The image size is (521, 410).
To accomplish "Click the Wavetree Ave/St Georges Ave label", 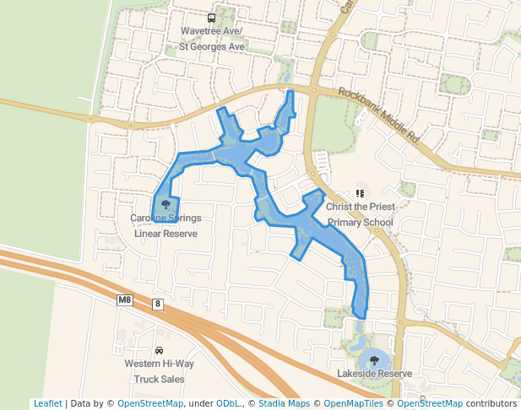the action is click(x=211, y=39).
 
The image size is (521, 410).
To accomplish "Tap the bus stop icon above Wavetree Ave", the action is click(x=211, y=18).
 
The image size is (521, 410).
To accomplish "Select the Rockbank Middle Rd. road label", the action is click(x=378, y=114).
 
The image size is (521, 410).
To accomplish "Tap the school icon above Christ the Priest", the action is click(x=361, y=193).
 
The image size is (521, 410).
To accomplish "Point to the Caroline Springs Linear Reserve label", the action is click(x=166, y=225).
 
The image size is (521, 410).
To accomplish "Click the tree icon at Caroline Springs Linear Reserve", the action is click(x=166, y=204).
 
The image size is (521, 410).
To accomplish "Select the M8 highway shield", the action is click(x=125, y=299).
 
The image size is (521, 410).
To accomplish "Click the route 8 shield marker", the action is click(x=158, y=304).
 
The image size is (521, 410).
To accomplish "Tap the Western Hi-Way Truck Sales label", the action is click(x=159, y=371).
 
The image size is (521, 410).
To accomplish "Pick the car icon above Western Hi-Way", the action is click(x=159, y=350).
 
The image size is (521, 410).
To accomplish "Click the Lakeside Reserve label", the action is click(x=374, y=373).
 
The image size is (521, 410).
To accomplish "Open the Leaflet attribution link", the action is click(x=47, y=403).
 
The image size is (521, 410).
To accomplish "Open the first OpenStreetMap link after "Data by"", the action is click(x=150, y=403).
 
